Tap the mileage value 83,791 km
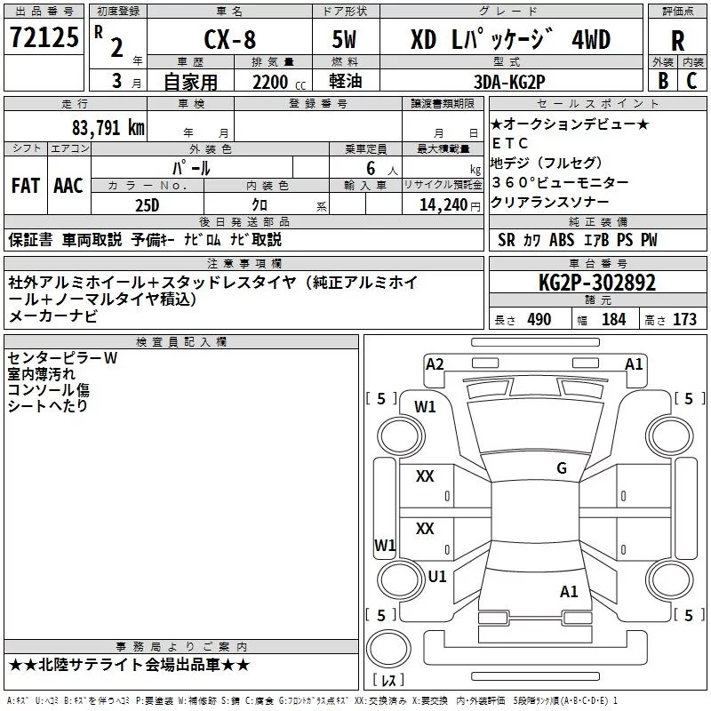pos(108,127)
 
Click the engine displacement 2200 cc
pos(269,80)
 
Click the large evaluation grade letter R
pos(677,41)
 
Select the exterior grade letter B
pos(662,80)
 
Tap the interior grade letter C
pos(692,80)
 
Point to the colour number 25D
pos(148,204)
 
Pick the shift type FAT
pos(26,186)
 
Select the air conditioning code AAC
pos(68,186)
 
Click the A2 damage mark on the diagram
pos(435,363)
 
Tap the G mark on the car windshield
pos(562,468)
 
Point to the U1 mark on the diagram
pos(437,576)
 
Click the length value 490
pos(539,320)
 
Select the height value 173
pos(684,320)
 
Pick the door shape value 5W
pos(343,39)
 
